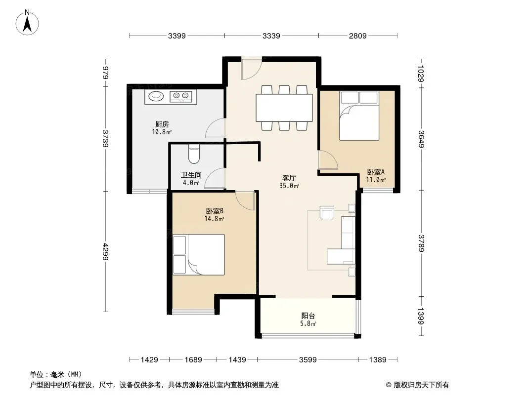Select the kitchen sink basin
(x=156, y=96)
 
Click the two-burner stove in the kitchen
(x=181, y=97)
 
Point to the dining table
(x=284, y=108)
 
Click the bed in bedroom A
(x=359, y=116)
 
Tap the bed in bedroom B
(x=199, y=255)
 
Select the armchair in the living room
(x=327, y=213)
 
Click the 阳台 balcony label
(x=308, y=316)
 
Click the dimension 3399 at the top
(x=177, y=36)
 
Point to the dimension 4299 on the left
(x=105, y=251)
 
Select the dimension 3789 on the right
(x=421, y=243)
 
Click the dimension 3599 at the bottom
(x=308, y=360)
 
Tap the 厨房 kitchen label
(x=162, y=124)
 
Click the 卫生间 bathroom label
(x=191, y=175)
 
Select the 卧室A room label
(x=376, y=172)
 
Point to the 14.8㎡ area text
(x=214, y=219)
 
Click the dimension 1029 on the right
(x=421, y=74)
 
